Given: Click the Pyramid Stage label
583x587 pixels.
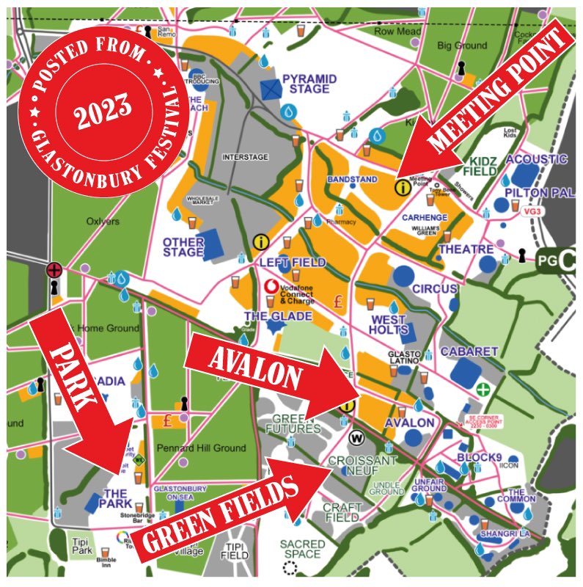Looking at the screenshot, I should tap(309, 84).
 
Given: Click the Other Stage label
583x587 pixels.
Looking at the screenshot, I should tap(183, 247).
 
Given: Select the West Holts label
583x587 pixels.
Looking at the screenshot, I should tap(389, 325).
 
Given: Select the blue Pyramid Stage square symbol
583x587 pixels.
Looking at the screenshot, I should tap(271, 90).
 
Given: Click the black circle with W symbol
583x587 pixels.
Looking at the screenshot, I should tap(358, 439).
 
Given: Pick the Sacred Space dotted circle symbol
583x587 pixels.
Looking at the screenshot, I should tap(291, 567).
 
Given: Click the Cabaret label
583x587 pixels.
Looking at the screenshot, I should tap(469, 352).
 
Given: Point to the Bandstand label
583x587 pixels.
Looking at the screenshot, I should tap(352, 179).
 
